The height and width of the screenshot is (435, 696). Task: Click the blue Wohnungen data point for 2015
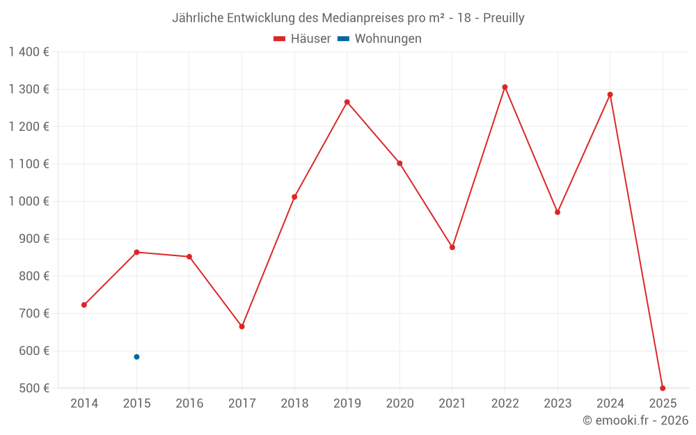[136, 357]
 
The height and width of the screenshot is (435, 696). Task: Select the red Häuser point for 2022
[505, 87]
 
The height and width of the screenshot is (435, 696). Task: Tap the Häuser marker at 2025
[663, 388]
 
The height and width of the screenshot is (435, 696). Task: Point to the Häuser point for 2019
[347, 102]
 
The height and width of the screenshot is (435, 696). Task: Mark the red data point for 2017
[242, 326]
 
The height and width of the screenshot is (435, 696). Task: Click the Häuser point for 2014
[84, 305]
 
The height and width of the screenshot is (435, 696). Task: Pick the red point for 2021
[452, 247]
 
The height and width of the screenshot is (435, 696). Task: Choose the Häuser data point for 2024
[610, 95]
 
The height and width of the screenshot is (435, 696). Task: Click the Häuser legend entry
[302, 39]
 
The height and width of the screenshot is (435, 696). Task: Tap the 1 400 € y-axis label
[29, 52]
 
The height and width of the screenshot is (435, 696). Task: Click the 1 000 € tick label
[29, 201]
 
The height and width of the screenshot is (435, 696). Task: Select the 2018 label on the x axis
[294, 404]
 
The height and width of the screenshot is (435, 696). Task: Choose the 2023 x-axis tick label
[557, 404]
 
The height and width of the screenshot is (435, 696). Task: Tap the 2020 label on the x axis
[400, 404]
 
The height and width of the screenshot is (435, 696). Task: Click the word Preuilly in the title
[501, 18]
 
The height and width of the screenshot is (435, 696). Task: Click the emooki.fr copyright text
[635, 420]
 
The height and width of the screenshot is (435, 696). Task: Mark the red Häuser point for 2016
[189, 257]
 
